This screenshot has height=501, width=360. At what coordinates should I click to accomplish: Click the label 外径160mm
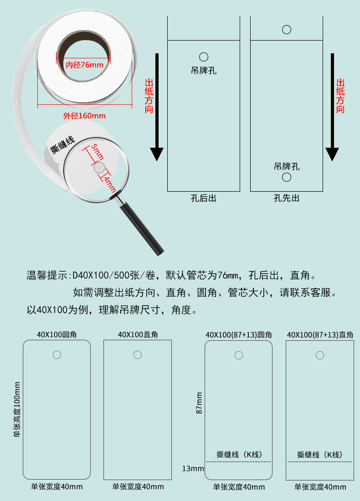pos(84,116)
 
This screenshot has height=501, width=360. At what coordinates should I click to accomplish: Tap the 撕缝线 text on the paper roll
pos(63,145)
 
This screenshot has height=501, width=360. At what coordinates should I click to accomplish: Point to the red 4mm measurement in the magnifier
pos(109,183)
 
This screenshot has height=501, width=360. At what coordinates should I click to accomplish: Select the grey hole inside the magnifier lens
pos(99,168)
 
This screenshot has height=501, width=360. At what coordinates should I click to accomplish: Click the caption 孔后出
pos(203,198)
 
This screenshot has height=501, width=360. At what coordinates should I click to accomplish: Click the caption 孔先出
pos(287,198)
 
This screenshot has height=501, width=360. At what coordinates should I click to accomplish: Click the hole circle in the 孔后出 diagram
pos(204,57)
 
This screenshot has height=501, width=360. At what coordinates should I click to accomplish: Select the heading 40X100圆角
pos(57,334)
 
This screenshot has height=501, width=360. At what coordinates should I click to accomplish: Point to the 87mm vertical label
pos(199,403)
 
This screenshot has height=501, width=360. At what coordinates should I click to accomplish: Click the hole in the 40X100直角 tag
pos(138,354)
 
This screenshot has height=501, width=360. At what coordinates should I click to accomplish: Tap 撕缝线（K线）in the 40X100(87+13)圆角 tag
pos(239,455)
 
